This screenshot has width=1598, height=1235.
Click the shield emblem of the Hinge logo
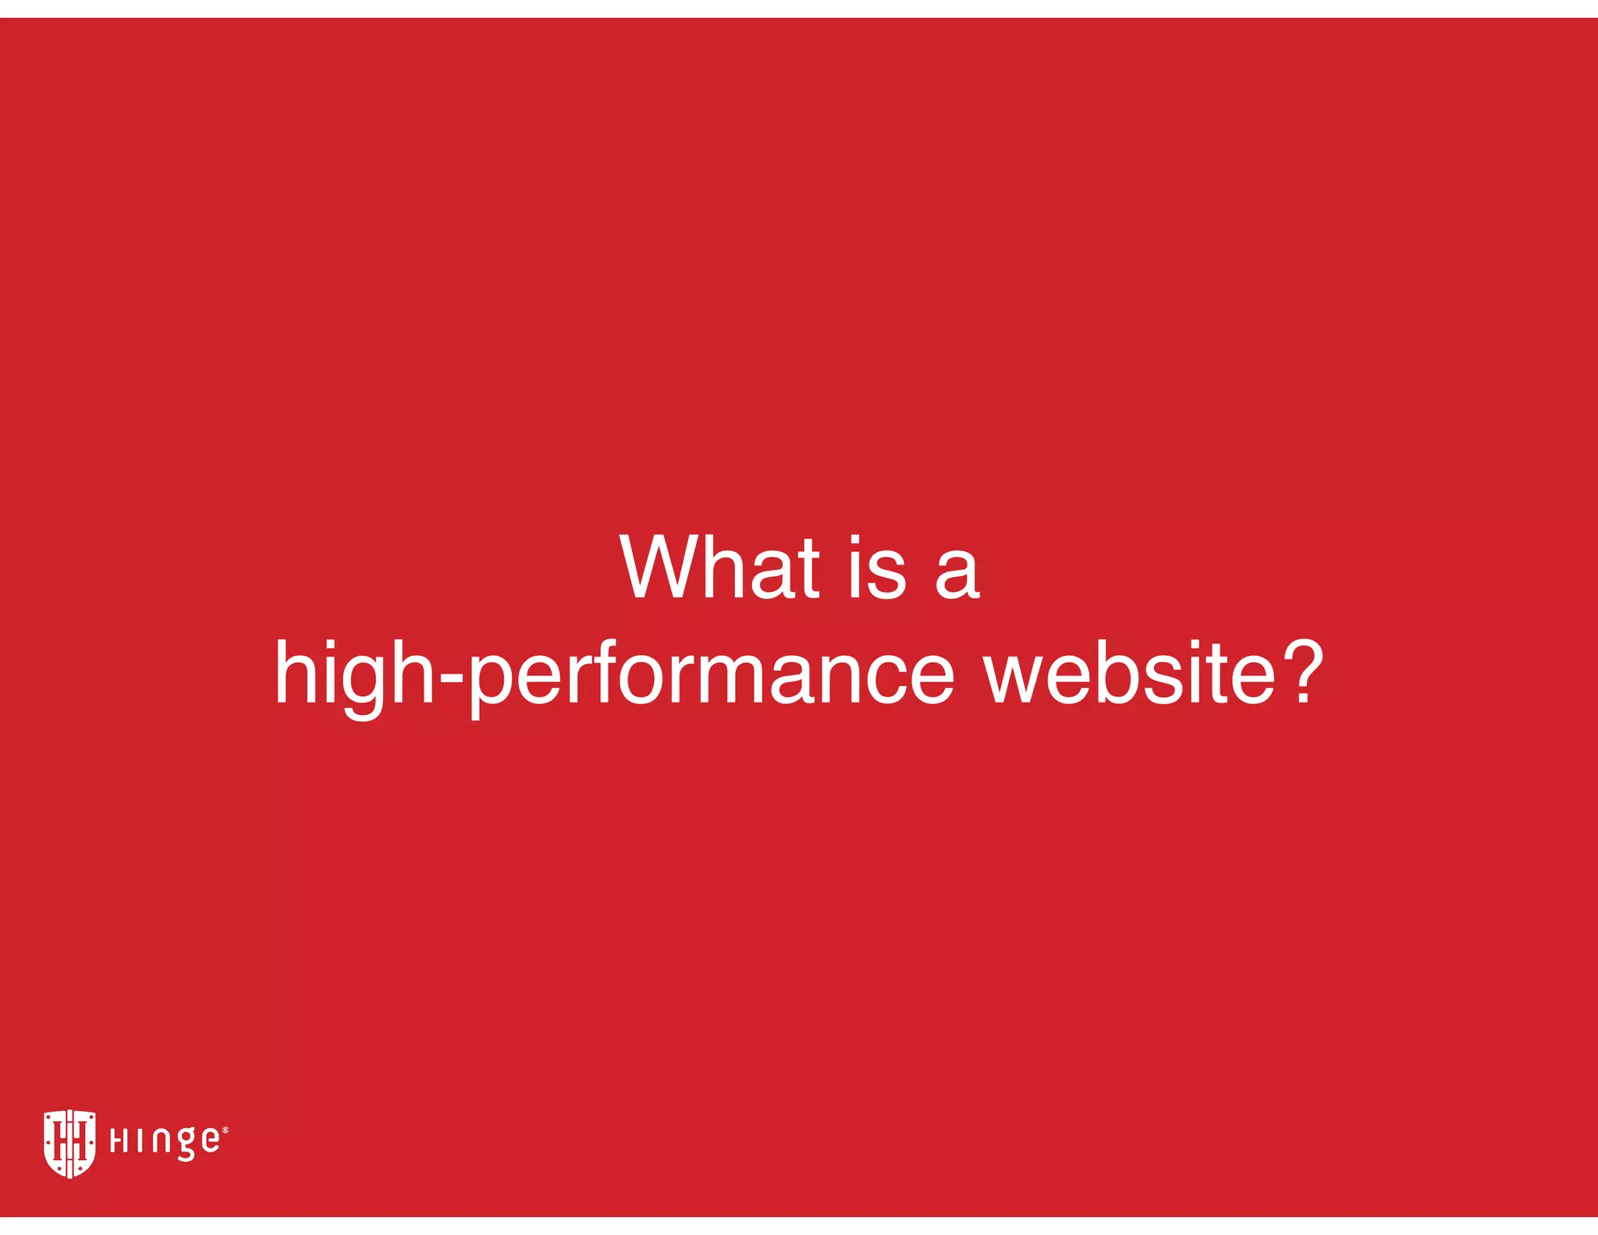coord(69,1143)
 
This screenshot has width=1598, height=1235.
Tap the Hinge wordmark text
coord(165,1141)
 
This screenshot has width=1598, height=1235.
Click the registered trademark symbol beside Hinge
coord(225,1130)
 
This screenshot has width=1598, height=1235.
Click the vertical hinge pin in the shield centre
coord(69,1143)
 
